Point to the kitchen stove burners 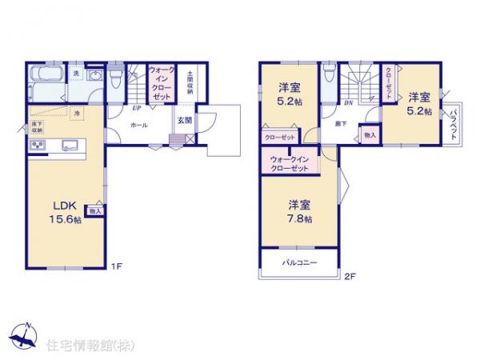pyautogui.click(x=38, y=144)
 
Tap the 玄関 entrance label pyautogui.click(x=184, y=121)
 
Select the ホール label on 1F pyautogui.click(x=138, y=126)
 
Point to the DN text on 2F pyautogui.click(x=349, y=104)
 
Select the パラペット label pyautogui.click(x=452, y=124)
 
